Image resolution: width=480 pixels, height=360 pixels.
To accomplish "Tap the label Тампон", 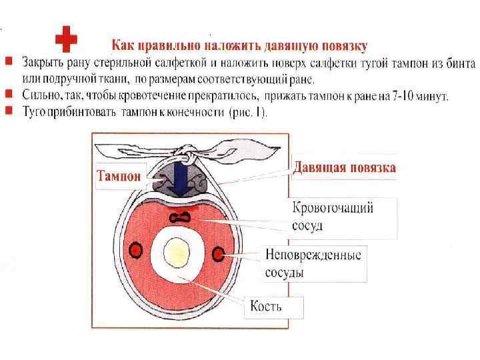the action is click(119, 177).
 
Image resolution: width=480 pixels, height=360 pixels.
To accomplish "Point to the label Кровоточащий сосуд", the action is click(333, 215).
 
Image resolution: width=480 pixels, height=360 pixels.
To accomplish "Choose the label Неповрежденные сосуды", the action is click(313, 263).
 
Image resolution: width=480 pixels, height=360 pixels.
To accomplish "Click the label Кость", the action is click(266, 306).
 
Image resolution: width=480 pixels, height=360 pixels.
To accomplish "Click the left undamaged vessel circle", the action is click(135, 250).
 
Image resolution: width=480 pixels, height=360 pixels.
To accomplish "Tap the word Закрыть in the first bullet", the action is click(41, 64).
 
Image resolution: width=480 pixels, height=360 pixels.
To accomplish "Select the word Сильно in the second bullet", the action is click(41, 96).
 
